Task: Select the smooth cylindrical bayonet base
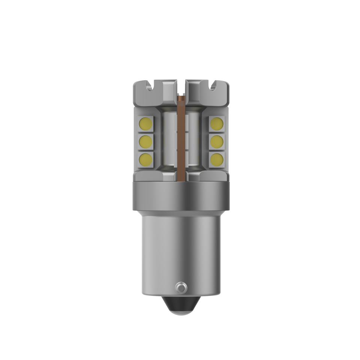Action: (180, 247)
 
